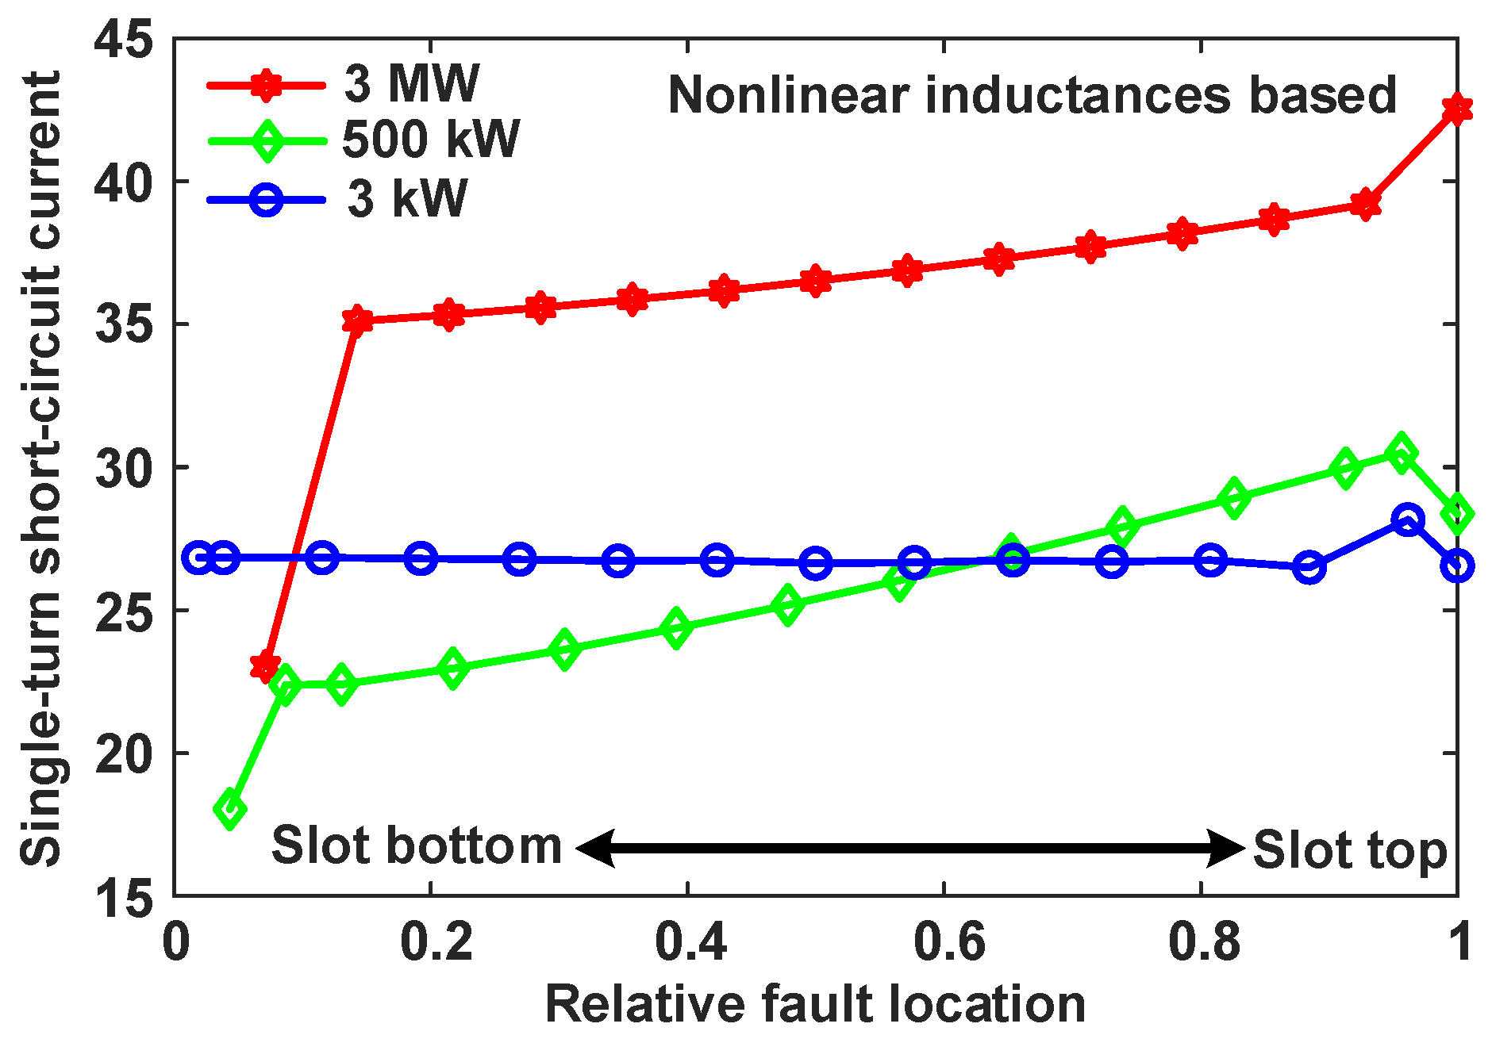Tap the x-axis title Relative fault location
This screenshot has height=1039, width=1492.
click(815, 1004)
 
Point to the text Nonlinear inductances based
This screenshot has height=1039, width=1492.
click(1032, 95)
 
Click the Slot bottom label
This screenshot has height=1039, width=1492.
click(416, 845)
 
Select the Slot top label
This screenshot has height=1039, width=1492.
click(1350, 850)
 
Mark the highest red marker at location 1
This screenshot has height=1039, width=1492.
click(1457, 109)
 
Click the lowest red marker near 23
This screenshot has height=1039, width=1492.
click(265, 666)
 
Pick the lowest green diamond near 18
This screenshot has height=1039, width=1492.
click(230, 810)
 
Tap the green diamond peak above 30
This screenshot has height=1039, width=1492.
click(1402, 453)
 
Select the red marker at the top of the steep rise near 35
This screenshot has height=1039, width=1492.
click(357, 320)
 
